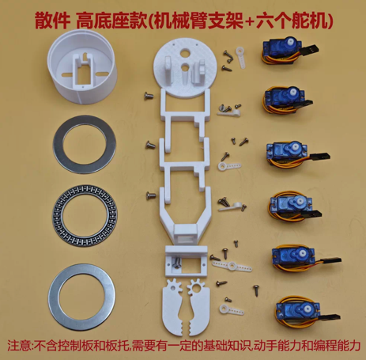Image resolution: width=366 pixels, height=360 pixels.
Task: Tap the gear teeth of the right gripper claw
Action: click(x=195, y=286)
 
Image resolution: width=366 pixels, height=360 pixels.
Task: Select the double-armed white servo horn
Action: click(x=232, y=266)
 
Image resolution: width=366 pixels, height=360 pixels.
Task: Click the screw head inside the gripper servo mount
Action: click(x=176, y=263)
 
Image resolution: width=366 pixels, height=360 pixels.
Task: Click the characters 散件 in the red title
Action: click(x=52, y=21)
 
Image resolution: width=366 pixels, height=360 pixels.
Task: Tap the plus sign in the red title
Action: click(x=249, y=22)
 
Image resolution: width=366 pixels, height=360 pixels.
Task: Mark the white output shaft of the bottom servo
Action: click(x=307, y=308)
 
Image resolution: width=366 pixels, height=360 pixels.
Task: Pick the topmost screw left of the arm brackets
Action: click(x=149, y=96)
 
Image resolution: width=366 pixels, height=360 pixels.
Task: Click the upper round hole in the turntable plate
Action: click(x=187, y=53)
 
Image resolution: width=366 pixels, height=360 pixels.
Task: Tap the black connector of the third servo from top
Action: click(x=321, y=157)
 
